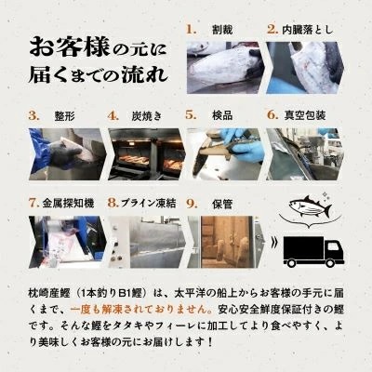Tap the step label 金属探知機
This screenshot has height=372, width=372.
(x=67, y=200)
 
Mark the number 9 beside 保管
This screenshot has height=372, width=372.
(x=192, y=200)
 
